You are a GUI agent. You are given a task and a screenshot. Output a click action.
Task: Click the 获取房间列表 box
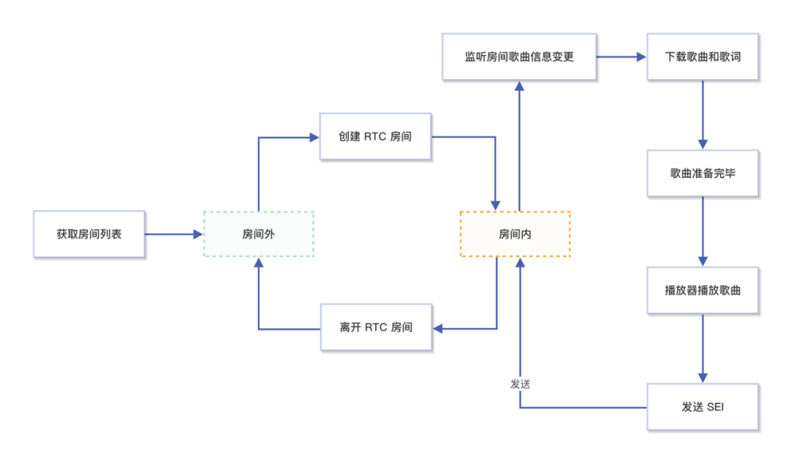[x=89, y=234]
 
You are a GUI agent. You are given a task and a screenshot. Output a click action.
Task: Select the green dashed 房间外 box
[x=258, y=234]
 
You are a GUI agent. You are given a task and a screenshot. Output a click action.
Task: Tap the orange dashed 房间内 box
[x=515, y=234]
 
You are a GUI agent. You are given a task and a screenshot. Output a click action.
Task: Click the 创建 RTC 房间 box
[x=375, y=136]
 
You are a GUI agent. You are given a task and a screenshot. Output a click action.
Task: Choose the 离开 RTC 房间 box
[x=375, y=327]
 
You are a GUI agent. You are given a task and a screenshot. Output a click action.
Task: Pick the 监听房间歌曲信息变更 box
[x=518, y=56]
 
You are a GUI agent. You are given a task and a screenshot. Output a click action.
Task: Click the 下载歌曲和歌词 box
[x=703, y=56]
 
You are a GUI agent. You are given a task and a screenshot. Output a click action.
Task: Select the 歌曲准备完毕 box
[x=703, y=174]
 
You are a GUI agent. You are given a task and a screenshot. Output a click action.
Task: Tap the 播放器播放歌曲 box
[x=703, y=290]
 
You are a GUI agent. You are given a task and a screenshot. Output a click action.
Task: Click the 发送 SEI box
[x=703, y=407]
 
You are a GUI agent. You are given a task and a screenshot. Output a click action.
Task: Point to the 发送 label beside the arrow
[x=520, y=384]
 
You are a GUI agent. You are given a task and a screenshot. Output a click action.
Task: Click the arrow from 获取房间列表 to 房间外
[x=173, y=234]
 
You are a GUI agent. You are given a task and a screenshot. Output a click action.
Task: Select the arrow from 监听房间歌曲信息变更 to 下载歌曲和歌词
[x=620, y=56]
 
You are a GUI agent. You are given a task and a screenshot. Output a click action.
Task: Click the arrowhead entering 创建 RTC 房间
[x=315, y=136]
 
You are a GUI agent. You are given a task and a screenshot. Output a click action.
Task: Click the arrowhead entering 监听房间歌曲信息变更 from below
[x=519, y=86]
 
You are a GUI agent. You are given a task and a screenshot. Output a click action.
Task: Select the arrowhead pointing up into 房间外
[x=258, y=262]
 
